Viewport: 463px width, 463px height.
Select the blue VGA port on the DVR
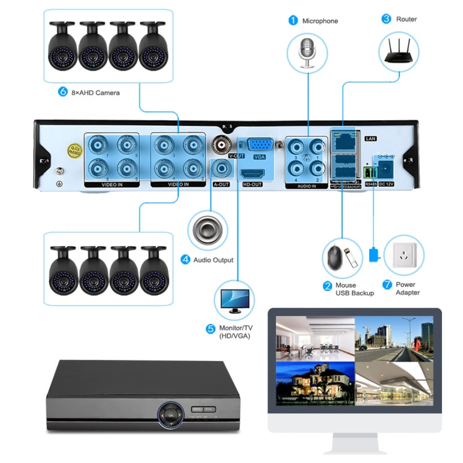click(x=259, y=145)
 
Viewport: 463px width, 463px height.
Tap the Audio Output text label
click(x=214, y=260)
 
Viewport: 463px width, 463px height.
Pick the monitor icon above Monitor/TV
click(x=233, y=301)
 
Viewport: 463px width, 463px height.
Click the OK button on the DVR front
click(x=170, y=416)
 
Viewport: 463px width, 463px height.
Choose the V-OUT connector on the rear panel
click(x=222, y=146)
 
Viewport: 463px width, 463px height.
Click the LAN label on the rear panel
click(x=371, y=138)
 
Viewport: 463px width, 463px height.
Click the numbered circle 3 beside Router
click(x=386, y=19)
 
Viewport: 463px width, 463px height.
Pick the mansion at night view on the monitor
click(x=315, y=383)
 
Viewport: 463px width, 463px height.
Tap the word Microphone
click(x=320, y=21)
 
